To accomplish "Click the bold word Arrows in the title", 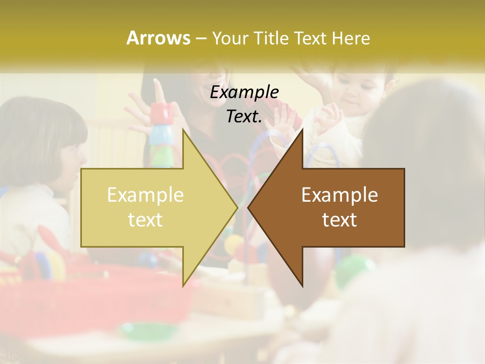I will pyautogui.click(x=158, y=38).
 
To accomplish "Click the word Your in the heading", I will pyautogui.click(x=230, y=38).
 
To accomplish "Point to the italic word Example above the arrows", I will pyautogui.click(x=245, y=92).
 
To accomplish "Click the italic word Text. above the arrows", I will pyautogui.click(x=245, y=116).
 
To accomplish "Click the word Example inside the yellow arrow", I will pyautogui.click(x=145, y=195).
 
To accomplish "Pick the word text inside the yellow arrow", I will pyautogui.click(x=145, y=220).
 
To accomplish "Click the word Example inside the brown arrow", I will pyautogui.click(x=339, y=195).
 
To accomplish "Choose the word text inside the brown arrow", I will pyautogui.click(x=339, y=220).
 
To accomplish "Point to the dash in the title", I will pyautogui.click(x=201, y=38).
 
